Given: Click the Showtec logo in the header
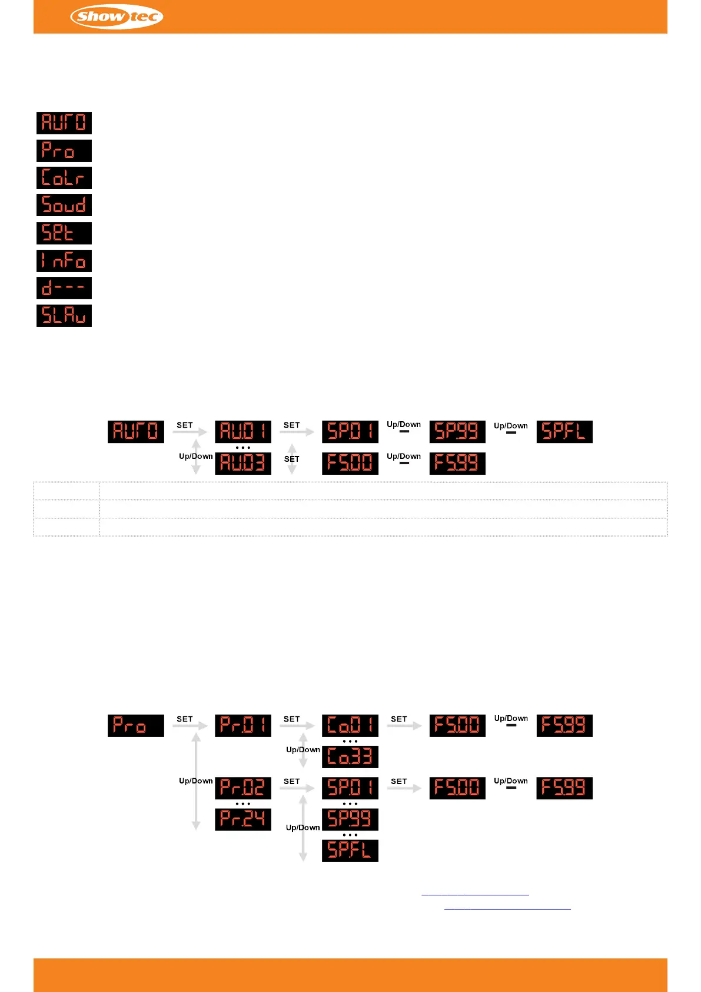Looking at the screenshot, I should [x=117, y=16].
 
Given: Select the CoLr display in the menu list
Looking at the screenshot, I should [x=64, y=178].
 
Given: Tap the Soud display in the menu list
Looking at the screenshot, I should [x=64, y=206].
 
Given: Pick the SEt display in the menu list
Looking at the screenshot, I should [x=64, y=233].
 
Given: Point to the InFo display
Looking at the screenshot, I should [x=64, y=261].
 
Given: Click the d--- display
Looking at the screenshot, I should [x=64, y=288].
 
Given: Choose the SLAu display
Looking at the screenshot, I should [x=64, y=316].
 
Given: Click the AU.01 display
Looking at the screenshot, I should [x=242, y=432].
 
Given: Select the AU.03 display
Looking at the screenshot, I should [x=242, y=463].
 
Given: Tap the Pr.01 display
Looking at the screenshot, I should [x=242, y=726].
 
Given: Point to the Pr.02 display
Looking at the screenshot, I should [x=242, y=788].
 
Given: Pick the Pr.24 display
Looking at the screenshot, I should [x=242, y=819].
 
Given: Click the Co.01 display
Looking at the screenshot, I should [x=350, y=726].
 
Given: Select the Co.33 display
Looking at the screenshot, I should [x=350, y=757].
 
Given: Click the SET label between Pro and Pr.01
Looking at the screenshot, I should [x=185, y=719].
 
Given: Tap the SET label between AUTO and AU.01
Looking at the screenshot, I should [x=185, y=425].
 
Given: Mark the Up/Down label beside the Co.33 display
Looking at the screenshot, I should [x=303, y=750].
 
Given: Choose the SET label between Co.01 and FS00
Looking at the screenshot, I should [x=399, y=719].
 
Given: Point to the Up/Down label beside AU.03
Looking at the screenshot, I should [x=195, y=456].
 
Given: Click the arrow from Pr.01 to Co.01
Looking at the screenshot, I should [x=297, y=726].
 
